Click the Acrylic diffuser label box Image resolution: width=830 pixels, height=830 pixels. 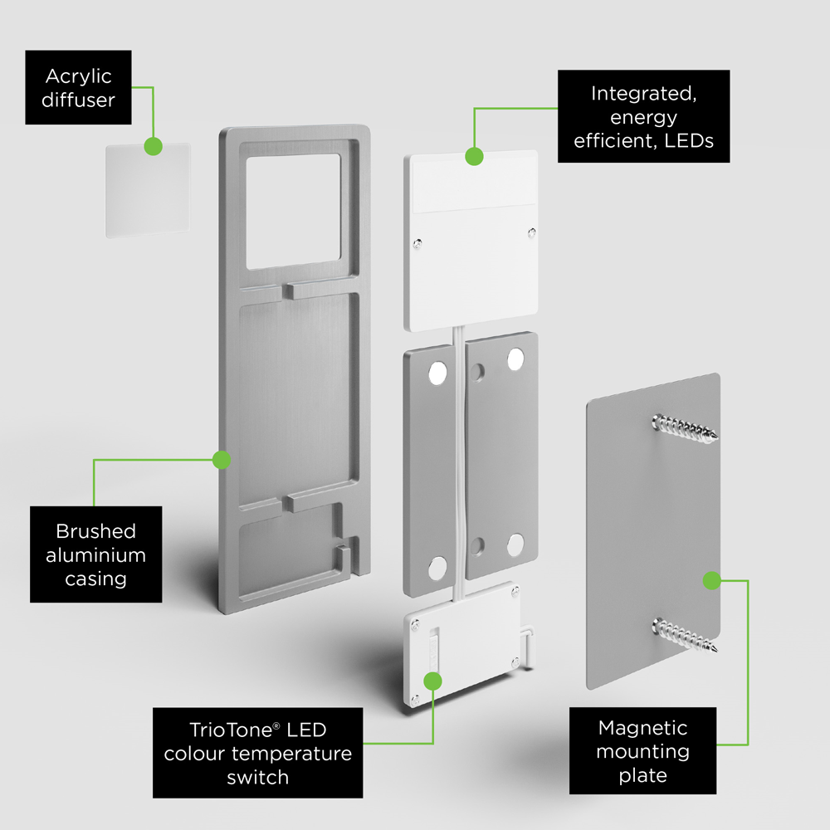(78, 88)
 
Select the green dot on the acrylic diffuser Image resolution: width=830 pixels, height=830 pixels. (152, 146)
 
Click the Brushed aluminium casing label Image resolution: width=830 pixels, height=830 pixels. (95, 554)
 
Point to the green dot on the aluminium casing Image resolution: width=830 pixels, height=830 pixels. (221, 459)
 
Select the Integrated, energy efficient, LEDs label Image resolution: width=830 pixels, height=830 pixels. (643, 117)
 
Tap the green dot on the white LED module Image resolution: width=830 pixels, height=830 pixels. (474, 156)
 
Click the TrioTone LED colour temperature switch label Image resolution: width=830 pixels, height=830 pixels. (257, 753)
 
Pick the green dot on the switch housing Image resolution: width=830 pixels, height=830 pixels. (432, 681)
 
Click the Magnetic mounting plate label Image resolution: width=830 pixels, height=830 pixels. (642, 751)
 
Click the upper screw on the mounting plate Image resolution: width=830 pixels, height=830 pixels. (686, 428)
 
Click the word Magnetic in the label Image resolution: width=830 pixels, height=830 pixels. (642, 728)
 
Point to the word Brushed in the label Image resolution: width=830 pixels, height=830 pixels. (95, 531)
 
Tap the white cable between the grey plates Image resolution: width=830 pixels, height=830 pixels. (459, 465)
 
